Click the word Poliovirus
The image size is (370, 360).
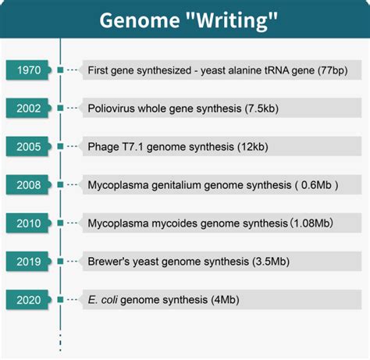[112, 108]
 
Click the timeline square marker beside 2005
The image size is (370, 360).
[60, 146]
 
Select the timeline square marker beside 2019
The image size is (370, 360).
[60, 260]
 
